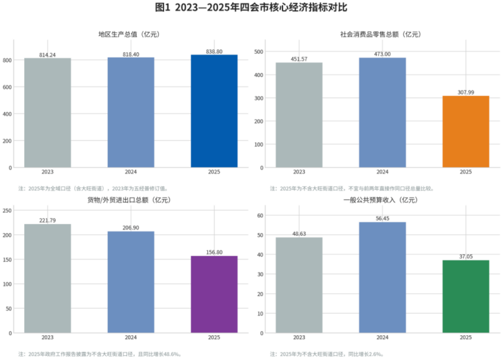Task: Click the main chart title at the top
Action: [250, 7]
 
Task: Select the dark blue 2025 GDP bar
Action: [214, 111]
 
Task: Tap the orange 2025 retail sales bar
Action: [466, 132]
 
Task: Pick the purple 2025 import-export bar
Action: [214, 294]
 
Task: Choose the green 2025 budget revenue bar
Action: [466, 297]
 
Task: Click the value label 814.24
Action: [47, 55]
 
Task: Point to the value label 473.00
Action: [382, 54]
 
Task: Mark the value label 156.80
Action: [214, 252]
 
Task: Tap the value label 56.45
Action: [382, 219]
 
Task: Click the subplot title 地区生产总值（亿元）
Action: [129, 35]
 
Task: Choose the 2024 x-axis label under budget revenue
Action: [382, 338]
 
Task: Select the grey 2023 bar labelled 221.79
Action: [47, 278]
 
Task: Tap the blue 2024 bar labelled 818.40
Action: [131, 112]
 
